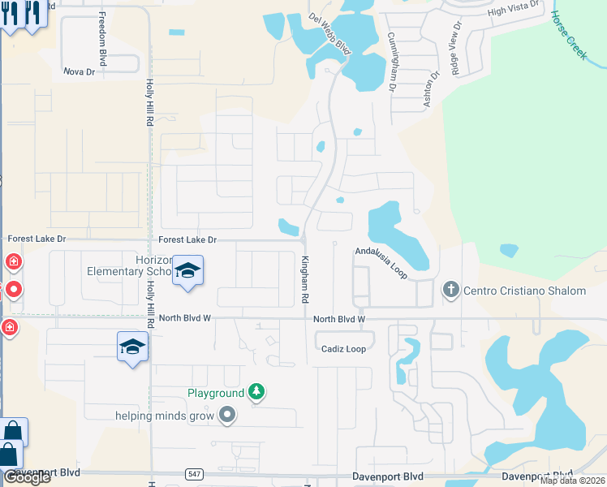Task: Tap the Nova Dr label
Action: [x=80, y=72]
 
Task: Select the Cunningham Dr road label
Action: [x=391, y=61]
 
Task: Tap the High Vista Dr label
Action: [x=514, y=11]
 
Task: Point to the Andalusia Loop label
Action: [x=381, y=262]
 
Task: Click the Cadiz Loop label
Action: [x=343, y=349]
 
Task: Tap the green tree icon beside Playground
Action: [x=256, y=393]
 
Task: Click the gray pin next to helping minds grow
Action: [x=226, y=416]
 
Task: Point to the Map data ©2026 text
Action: [x=572, y=481]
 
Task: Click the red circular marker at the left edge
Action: [x=13, y=289]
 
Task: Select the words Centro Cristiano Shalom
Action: [x=524, y=291]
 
